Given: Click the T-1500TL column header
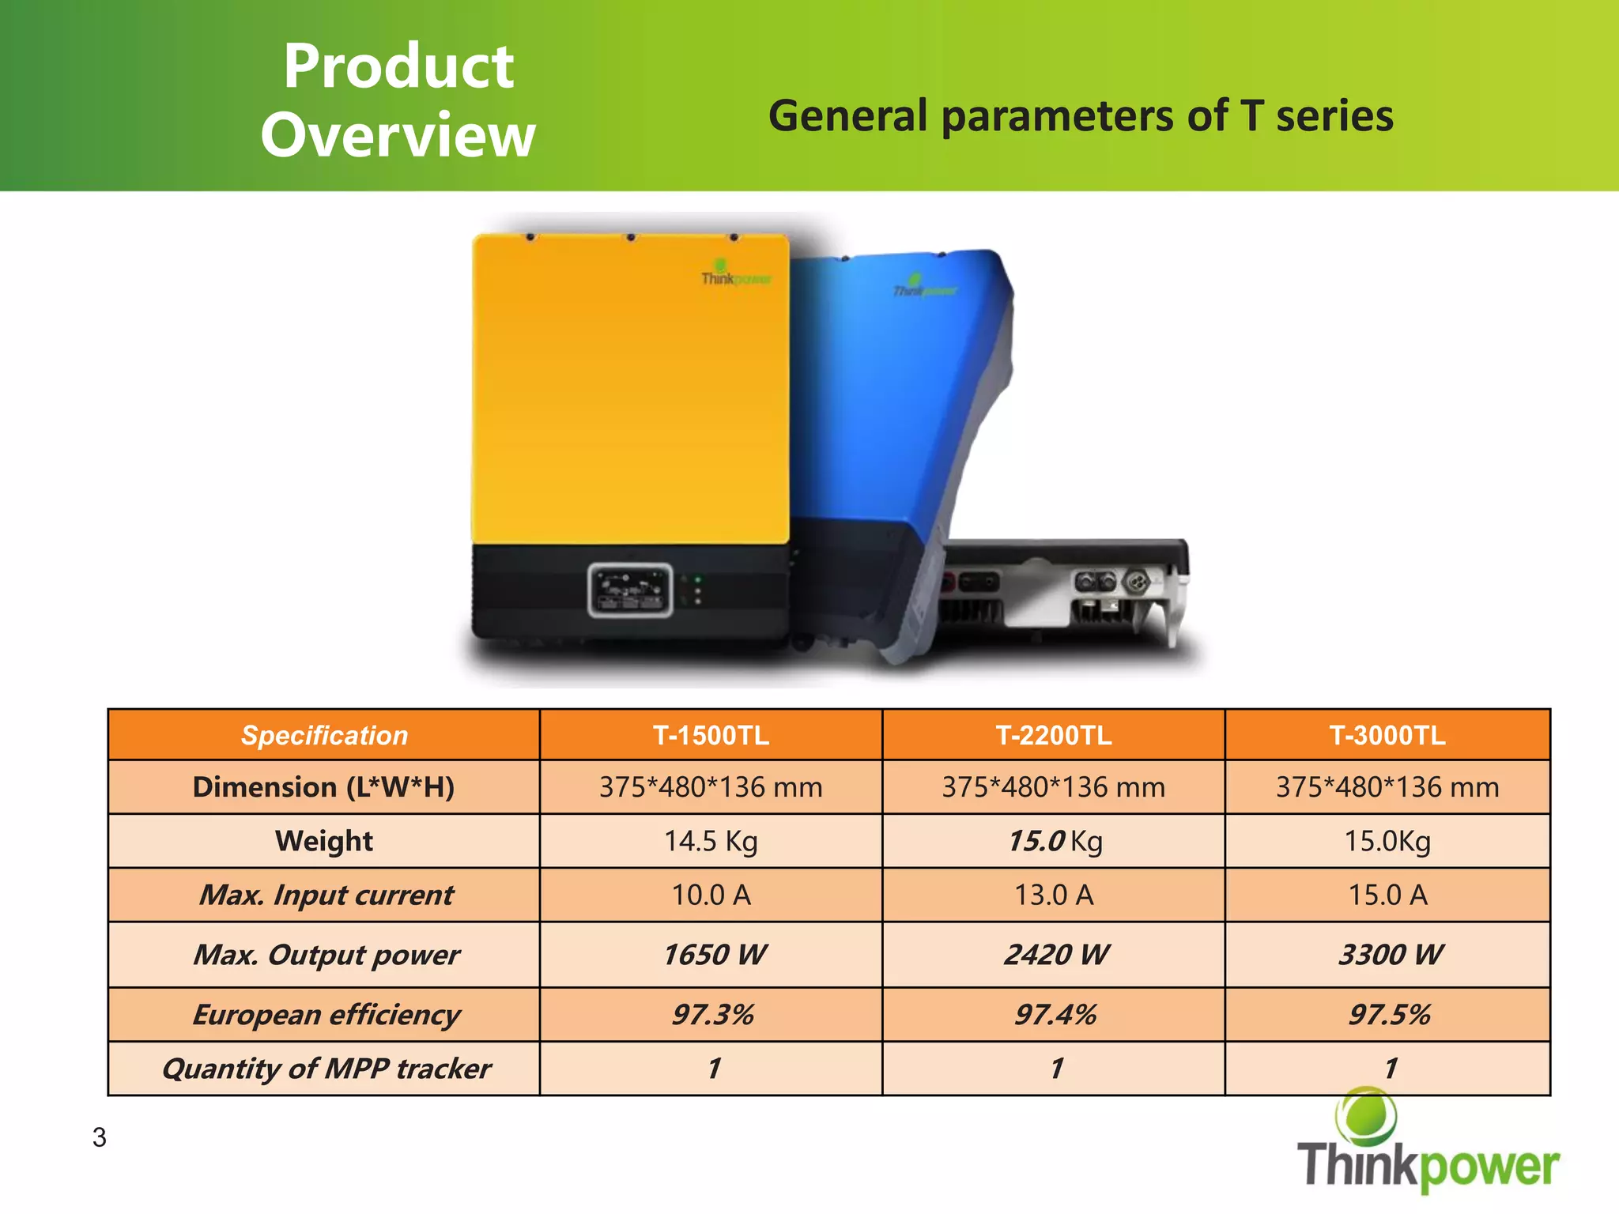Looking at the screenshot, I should [711, 736].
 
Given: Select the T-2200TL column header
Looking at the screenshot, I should [1054, 736].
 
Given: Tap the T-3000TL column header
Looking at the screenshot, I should [1387, 736].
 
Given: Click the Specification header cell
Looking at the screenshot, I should [324, 736].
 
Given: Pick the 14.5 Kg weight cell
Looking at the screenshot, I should [711, 841].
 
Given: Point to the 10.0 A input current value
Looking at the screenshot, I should [711, 895].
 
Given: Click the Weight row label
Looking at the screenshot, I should [324, 841].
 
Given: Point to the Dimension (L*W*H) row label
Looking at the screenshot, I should [324, 787].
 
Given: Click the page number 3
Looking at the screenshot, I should [100, 1137].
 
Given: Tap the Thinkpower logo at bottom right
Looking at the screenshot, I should [1427, 1146].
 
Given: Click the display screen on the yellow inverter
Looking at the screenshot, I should [630, 590].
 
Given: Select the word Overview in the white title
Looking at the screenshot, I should [398, 135].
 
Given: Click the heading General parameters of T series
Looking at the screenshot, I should [1081, 116].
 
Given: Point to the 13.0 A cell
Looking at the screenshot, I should [1054, 895].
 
